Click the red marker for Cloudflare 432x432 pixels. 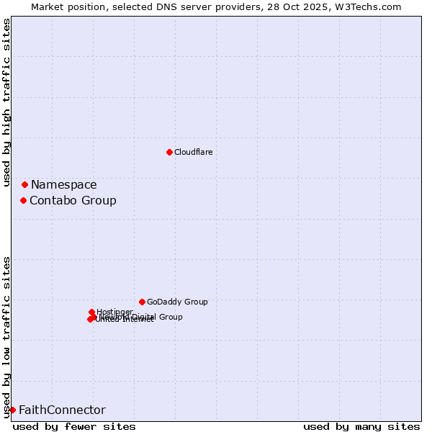coord(169,152)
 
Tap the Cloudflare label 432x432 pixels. coord(193,152)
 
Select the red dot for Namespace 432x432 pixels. coord(24,185)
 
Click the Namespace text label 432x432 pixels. coord(63,185)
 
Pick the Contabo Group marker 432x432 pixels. coord(23,200)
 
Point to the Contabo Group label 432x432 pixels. coord(73,200)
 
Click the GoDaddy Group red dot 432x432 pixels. coord(142,302)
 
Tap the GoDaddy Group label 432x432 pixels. coord(177,302)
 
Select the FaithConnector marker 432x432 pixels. coord(12,410)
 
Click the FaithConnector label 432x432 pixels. coord(62,410)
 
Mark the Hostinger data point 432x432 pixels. coord(91,312)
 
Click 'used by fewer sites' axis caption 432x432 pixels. coord(74,426)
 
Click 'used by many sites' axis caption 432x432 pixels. coord(361,426)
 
